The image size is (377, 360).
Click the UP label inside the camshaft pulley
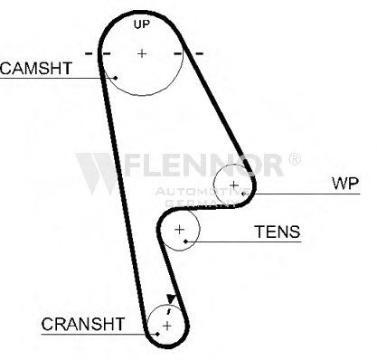click(x=142, y=24)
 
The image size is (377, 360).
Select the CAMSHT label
click(x=36, y=68)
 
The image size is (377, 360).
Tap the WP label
click(x=345, y=183)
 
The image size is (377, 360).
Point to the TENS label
click(x=278, y=232)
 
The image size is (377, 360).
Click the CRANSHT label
click(x=83, y=324)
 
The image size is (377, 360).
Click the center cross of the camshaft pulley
click(x=142, y=53)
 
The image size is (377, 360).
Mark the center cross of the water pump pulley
click(x=234, y=185)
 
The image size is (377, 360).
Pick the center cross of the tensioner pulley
click(x=179, y=230)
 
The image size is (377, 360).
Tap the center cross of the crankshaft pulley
click(x=167, y=326)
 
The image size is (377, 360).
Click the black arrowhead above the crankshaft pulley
click(x=171, y=298)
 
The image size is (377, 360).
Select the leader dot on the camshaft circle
click(x=116, y=78)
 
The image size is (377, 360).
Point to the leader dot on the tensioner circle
click(x=185, y=242)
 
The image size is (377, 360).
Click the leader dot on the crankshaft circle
click(x=157, y=334)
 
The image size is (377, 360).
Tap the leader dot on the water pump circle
click(x=243, y=194)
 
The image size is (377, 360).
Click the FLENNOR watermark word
click(x=204, y=165)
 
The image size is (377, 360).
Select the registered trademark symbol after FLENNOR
click(x=295, y=159)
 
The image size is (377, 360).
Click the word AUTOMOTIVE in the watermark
click(x=203, y=192)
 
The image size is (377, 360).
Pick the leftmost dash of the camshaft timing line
click(x=89, y=53)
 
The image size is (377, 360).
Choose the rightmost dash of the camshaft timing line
click(x=200, y=53)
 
